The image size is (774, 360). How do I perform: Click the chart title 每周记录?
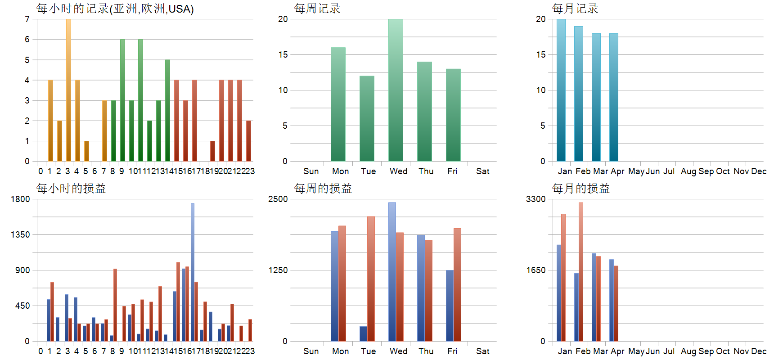pos(317,9)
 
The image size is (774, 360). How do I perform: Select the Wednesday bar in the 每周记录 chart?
pos(396,90)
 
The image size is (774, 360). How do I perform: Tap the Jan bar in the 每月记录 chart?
pos(561,90)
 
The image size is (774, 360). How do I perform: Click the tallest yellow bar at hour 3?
pos(68,90)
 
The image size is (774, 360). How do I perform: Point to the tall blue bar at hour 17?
pos(193,272)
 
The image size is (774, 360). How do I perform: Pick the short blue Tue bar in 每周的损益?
pos(363,333)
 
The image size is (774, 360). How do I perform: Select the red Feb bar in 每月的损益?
pos(581,272)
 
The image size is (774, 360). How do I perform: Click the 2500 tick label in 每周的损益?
pos(278,199)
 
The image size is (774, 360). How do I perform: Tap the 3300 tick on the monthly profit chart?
pos(535,199)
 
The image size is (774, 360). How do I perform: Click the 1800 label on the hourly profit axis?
pos(20,199)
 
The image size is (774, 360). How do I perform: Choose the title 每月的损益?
pos(581,189)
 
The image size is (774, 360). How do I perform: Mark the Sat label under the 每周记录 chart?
pos(482,171)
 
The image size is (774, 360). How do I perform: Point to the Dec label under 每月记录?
pos(759,171)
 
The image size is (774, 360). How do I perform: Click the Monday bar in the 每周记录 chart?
pos(338,104)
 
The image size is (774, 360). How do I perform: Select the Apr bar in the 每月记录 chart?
pos(614,97)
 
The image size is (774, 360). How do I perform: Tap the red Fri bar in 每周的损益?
pos(457,284)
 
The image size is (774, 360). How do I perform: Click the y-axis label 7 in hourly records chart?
pos(27,19)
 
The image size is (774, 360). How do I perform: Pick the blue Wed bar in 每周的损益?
pos(392,272)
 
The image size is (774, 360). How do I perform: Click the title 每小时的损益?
pos(71,189)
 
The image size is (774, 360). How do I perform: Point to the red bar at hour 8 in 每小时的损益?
pos(115,305)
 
